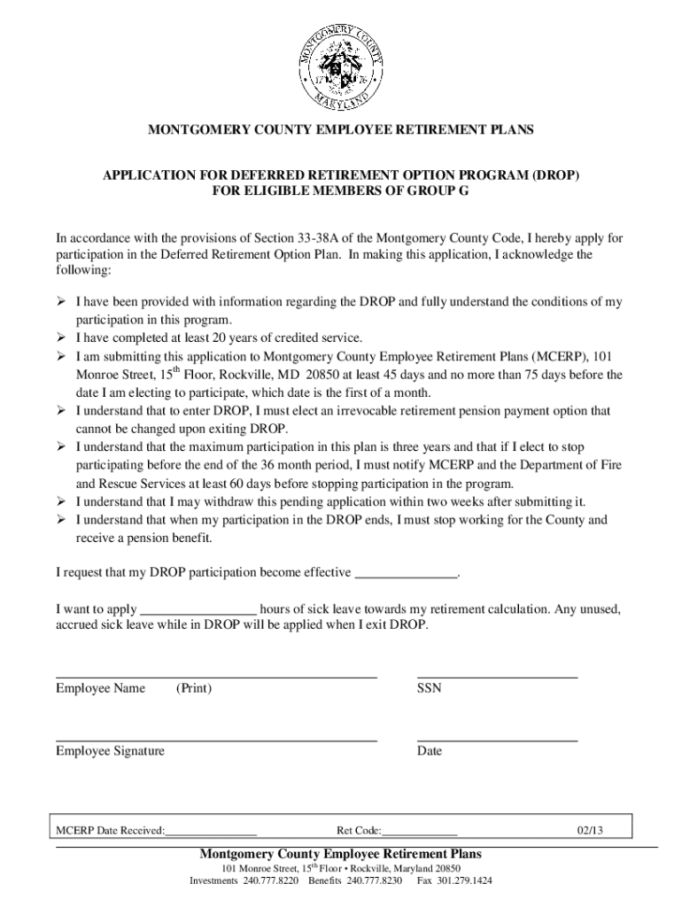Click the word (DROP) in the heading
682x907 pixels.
[x=554, y=174]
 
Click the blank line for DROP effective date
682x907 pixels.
[x=406, y=573]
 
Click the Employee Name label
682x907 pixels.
[x=100, y=688]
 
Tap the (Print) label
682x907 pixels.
[x=193, y=688]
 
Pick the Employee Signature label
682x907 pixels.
[x=110, y=751]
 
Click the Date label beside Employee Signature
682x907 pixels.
[x=430, y=751]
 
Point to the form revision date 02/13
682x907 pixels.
[x=589, y=831]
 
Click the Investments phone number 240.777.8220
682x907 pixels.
[x=272, y=882]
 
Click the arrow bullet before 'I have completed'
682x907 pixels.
[x=62, y=337]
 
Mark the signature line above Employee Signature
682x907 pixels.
[x=216, y=739]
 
